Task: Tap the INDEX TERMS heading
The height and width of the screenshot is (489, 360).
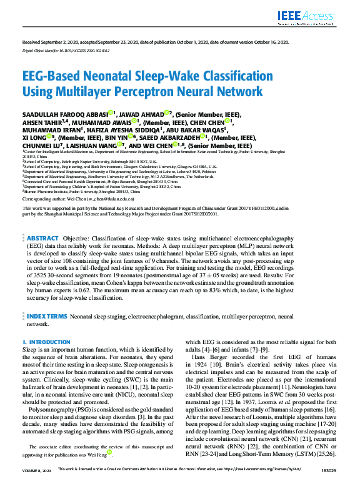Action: tap(47, 317)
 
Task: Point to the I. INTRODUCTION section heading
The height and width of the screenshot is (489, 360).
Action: tap(46, 342)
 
